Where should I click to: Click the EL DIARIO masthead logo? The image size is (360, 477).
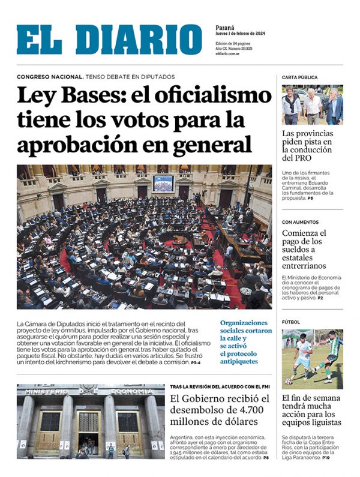coord(109,40)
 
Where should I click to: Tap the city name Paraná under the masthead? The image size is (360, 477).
coord(225,27)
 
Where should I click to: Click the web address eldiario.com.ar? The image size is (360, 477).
coord(229,54)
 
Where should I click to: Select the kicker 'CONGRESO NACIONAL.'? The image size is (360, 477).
coord(50,77)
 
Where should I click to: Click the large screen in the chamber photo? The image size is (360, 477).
coord(163,183)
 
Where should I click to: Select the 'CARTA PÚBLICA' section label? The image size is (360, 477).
coord(300,77)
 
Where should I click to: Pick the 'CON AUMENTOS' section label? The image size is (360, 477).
coord(301,222)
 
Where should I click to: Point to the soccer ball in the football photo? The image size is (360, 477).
coord(289,382)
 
